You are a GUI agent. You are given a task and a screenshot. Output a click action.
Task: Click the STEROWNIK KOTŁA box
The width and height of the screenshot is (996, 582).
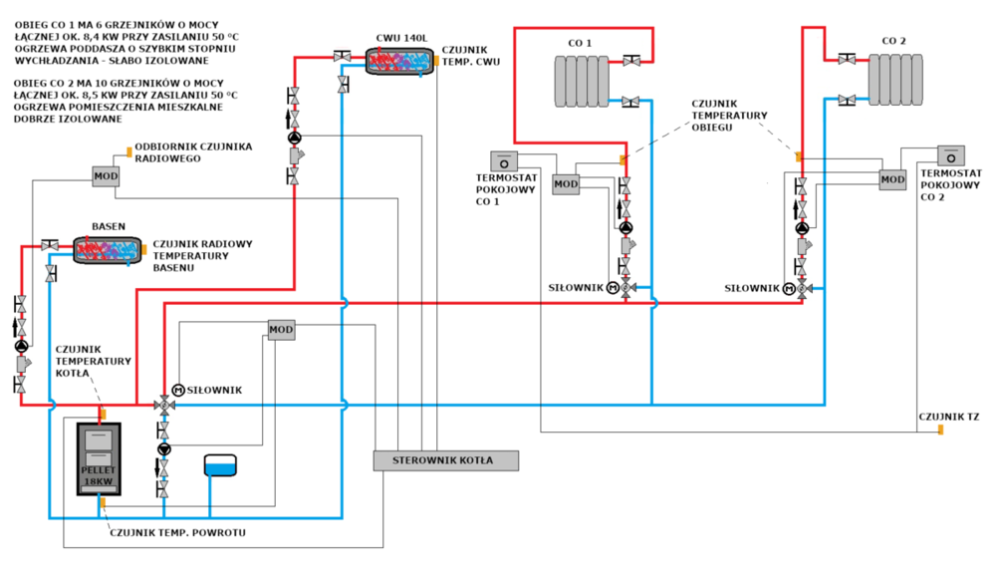tap(446, 459)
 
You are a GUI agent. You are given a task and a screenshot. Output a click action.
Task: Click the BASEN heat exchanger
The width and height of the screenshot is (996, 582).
tap(104, 249)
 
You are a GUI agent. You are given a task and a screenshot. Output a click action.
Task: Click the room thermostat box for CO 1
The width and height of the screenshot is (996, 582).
tap(503, 160)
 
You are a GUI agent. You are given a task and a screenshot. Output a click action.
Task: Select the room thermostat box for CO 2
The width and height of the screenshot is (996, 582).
tap(951, 156)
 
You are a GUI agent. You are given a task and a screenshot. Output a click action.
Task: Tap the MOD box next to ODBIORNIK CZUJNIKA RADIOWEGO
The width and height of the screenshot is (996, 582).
tap(106, 177)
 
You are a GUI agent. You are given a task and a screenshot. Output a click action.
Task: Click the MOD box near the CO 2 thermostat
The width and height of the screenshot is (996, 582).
tap(892, 180)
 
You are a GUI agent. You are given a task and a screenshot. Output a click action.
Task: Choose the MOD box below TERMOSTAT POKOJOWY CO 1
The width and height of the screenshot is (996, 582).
tap(566, 184)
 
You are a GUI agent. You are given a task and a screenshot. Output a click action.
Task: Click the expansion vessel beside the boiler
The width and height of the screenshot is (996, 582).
tap(219, 466)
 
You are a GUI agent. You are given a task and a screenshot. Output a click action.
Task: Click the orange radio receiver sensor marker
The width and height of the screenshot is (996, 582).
tap(128, 152)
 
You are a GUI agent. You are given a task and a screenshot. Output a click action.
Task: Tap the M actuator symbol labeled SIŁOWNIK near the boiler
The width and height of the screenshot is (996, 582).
tap(178, 390)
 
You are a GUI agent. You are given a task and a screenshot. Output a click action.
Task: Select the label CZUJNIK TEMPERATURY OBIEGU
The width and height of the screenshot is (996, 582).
tap(732, 116)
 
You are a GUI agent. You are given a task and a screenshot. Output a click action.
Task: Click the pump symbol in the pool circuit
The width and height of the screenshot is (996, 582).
tap(21, 346)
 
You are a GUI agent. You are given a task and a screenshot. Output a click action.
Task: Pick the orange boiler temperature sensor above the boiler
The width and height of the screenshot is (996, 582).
tap(102, 412)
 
